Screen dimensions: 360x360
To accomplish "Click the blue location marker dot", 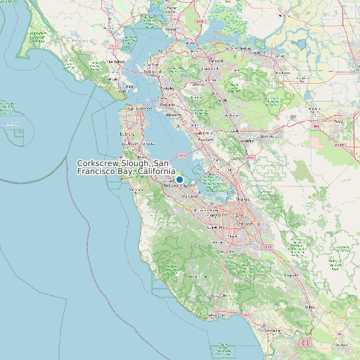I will coord(179,179).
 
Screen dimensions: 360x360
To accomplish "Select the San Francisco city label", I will coord(141,108).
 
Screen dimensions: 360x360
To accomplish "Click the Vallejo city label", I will coord(171,30).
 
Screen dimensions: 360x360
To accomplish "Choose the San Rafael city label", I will coord(116,62).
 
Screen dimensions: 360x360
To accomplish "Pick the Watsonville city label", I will coord(269,330).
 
